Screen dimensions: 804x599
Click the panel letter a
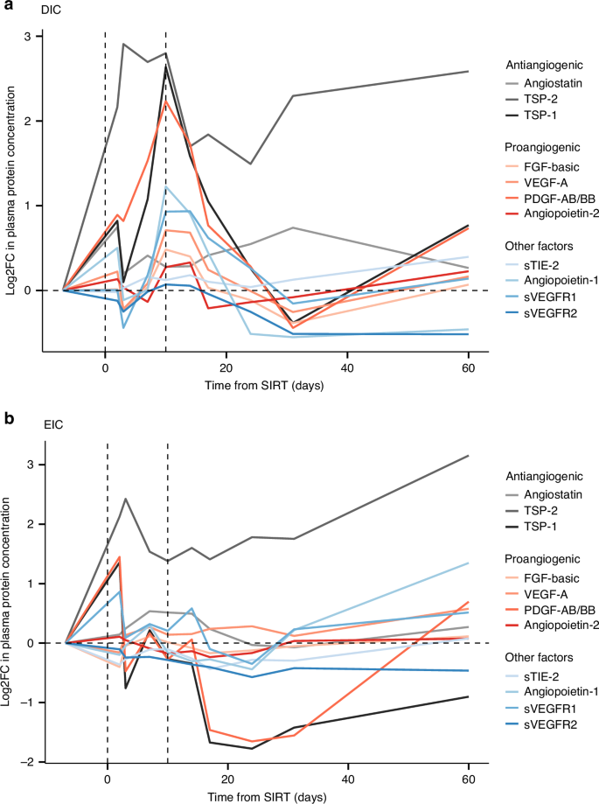(x=7, y=8)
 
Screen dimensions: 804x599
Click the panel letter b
(x=7, y=417)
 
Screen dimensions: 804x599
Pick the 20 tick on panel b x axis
(x=227, y=780)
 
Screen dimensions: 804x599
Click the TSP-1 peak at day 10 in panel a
(x=165, y=66)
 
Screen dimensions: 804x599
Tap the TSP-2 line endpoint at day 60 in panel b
(x=469, y=456)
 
